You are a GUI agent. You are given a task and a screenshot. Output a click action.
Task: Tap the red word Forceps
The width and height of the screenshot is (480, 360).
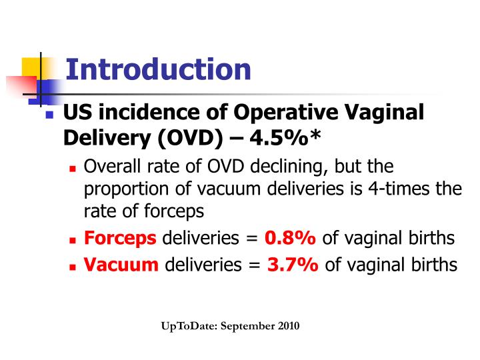pos(120,238)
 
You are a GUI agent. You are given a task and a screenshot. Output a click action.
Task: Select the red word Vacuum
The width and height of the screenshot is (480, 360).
pos(121,265)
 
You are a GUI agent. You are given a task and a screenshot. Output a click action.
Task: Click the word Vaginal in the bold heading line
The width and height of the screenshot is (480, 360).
pos(388,112)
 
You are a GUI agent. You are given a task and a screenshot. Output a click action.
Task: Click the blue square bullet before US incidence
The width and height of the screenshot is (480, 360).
pos(49,115)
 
